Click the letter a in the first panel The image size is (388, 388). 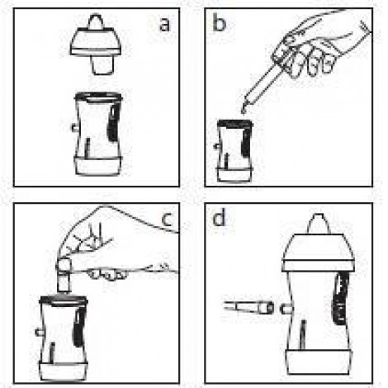pyautogui.click(x=165, y=24)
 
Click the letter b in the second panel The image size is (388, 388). pyautogui.click(x=220, y=22)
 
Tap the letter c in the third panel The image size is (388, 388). pyautogui.click(x=168, y=220)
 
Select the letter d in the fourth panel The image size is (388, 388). pyautogui.click(x=219, y=218)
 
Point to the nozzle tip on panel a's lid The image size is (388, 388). pyautogui.click(x=96, y=21)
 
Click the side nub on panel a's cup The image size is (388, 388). pyautogui.click(x=74, y=127)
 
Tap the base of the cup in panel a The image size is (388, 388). pyautogui.click(x=98, y=166)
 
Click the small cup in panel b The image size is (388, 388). pyautogui.click(x=234, y=150)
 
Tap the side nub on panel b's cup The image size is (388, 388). pyautogui.click(x=216, y=146)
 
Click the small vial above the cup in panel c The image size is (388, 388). pyautogui.click(x=64, y=274)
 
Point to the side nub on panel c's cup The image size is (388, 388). pyautogui.click(x=40, y=333)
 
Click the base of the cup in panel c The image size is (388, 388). pyautogui.click(x=64, y=371)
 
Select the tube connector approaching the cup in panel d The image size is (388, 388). pyautogui.click(x=249, y=307)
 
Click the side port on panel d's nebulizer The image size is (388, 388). pyautogui.click(x=286, y=309)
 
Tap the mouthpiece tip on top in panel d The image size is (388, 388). pyautogui.click(x=318, y=224)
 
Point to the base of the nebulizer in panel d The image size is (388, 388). pyautogui.click(x=319, y=362)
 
